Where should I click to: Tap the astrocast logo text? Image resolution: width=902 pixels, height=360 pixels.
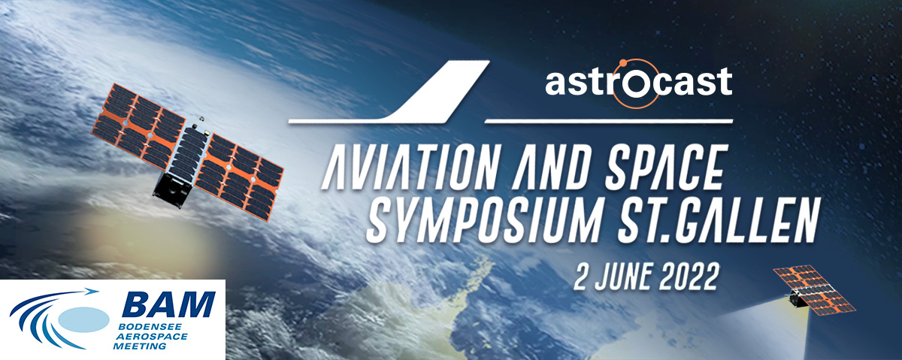639,82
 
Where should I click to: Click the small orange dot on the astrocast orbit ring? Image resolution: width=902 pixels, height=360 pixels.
623,63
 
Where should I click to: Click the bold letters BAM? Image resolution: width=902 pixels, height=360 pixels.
169,304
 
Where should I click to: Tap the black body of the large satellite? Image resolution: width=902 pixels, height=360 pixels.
171,190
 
